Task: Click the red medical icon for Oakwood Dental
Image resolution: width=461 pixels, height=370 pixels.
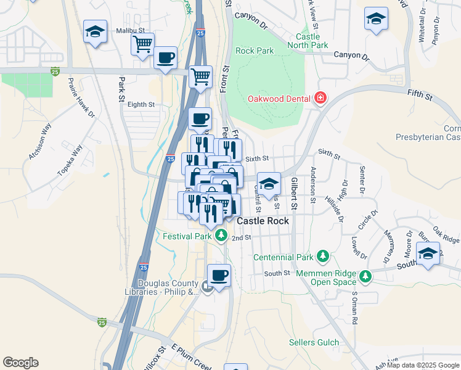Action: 320,99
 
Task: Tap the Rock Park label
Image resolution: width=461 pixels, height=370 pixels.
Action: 255,51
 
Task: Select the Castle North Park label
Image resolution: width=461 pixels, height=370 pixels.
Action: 311,41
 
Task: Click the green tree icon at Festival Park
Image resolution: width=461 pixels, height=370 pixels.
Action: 221,236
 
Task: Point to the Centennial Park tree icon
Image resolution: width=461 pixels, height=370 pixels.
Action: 322,256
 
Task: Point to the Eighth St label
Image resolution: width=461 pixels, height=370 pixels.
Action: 141,105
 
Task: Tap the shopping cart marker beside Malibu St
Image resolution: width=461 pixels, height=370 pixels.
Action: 142,44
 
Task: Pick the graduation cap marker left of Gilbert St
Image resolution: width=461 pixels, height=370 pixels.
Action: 269,183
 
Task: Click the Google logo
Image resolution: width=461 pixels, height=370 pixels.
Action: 20,363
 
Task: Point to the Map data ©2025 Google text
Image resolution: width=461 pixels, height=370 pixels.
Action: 423,365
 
